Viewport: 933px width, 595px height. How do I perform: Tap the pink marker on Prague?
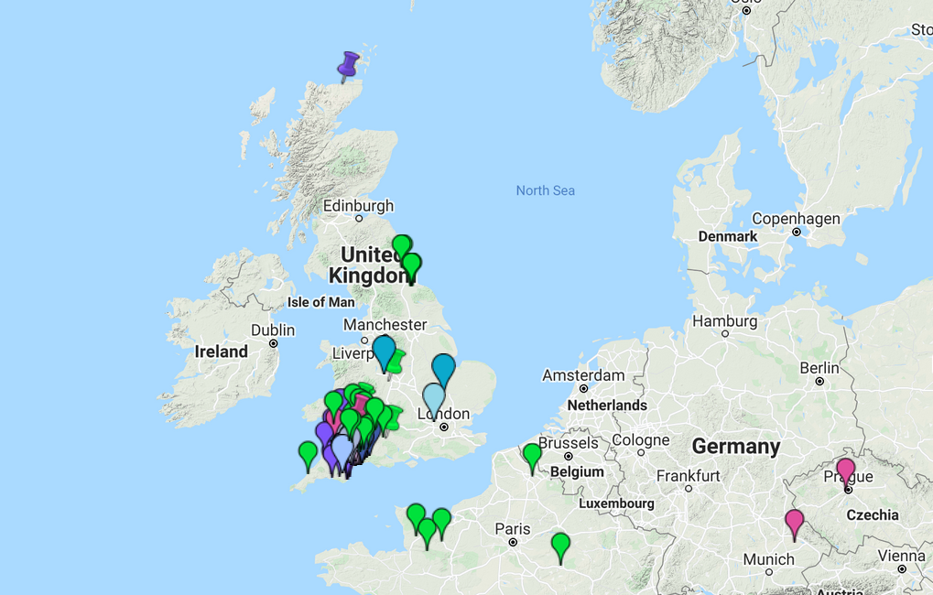click(846, 471)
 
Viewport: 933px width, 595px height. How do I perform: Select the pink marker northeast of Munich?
click(794, 522)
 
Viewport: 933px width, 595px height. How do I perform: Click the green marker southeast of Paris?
click(560, 546)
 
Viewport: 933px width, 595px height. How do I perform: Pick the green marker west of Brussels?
click(532, 455)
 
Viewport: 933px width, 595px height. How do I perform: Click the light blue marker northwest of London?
click(434, 398)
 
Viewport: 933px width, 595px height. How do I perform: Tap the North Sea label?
click(545, 190)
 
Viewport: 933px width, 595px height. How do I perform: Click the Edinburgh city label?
click(358, 206)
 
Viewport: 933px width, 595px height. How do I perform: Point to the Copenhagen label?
click(796, 219)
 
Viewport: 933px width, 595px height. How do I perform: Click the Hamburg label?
click(725, 321)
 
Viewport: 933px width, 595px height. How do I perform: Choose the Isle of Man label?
click(320, 302)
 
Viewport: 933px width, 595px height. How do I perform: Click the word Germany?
click(735, 447)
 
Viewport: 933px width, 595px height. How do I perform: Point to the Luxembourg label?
click(616, 503)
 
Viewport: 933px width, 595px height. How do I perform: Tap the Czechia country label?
click(873, 515)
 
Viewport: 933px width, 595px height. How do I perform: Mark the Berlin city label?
click(819, 368)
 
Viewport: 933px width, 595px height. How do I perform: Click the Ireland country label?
click(221, 352)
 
